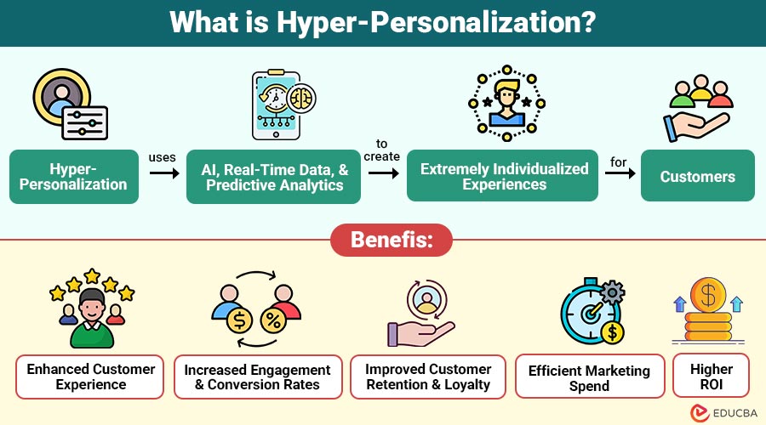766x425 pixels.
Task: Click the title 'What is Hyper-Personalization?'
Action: [x=382, y=23]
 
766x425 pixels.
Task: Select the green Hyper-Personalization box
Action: [x=74, y=176]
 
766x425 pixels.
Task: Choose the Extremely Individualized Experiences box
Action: [x=504, y=176]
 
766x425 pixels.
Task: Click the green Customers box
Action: [x=697, y=176]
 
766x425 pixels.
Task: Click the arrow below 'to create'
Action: [x=383, y=173]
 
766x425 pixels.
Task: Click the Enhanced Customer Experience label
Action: [x=90, y=377]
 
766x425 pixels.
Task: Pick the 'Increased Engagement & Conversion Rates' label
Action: [x=257, y=377]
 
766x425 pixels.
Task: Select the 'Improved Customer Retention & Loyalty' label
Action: [x=427, y=377]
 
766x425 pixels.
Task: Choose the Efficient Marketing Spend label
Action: [x=589, y=377]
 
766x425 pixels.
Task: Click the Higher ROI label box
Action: [x=711, y=377]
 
